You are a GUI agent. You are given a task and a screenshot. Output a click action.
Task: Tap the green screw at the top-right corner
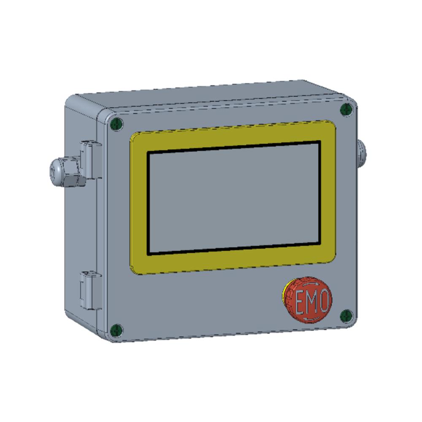coord(346,110)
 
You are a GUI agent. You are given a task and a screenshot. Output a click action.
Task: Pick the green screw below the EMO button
coord(346,314)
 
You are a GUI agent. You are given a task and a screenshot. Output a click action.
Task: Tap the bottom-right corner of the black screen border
coord(319,243)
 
